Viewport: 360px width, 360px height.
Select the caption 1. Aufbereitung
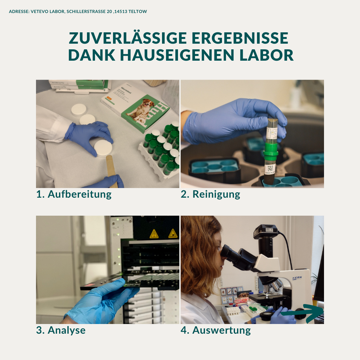(74, 194)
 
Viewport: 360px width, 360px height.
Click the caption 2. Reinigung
(210, 194)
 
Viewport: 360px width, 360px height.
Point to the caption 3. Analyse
(61, 330)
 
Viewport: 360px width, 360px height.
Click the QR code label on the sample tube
(270, 168)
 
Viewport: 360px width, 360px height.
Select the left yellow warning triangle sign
(154, 234)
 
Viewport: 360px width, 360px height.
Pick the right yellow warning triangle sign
(173, 233)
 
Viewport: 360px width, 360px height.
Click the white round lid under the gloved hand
(103, 148)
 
